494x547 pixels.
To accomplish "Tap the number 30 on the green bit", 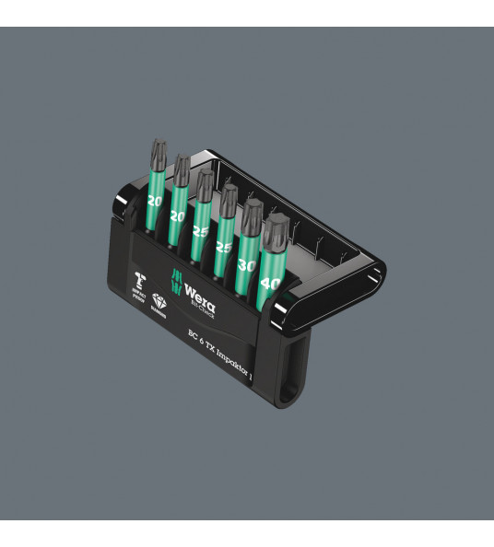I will [247, 264].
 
